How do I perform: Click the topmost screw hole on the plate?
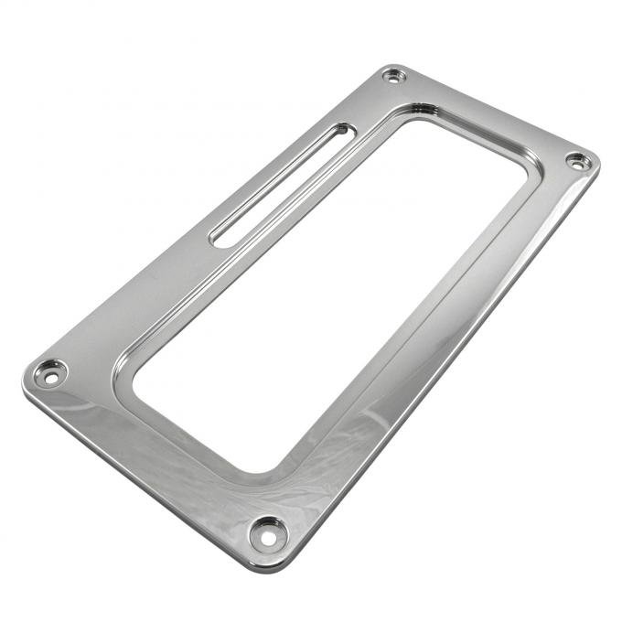tap(394, 76)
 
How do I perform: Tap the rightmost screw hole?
tap(577, 161)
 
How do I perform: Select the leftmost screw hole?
tap(48, 373)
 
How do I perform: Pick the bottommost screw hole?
tap(268, 534)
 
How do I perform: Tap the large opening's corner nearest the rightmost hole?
tap(523, 179)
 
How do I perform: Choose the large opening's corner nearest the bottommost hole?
tap(256, 466)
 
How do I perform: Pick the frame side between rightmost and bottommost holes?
tap(430, 357)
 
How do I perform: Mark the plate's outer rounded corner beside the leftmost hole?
tap(26, 382)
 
